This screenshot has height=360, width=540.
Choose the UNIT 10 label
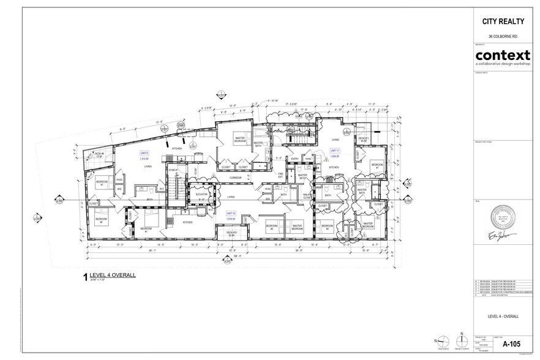tap(231, 213)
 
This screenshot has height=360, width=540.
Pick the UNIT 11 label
tap(335, 150)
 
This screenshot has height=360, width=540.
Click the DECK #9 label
tap(99, 154)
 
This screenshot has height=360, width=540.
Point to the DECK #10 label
tap(231, 233)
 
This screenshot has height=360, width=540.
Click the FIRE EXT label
tap(281, 175)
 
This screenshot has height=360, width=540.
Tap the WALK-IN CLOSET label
tap(307, 197)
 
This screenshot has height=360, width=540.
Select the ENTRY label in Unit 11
tap(295, 159)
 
